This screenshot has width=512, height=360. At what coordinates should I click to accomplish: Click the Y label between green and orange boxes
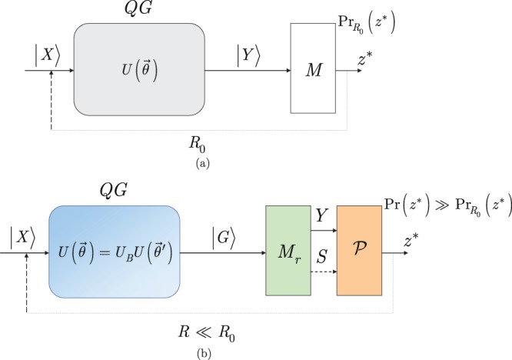321,218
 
